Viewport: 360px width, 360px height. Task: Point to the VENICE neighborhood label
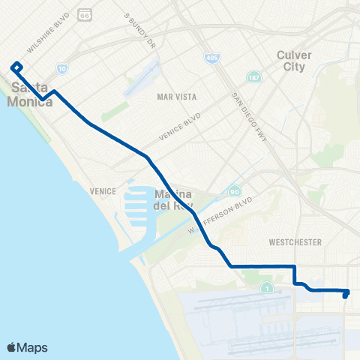pos(102,191)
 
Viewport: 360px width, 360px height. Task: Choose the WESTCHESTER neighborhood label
pos(295,242)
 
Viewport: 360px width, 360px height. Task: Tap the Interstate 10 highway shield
pos(61,68)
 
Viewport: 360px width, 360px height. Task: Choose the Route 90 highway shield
pos(235,192)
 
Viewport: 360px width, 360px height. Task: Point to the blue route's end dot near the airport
pos(345,295)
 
